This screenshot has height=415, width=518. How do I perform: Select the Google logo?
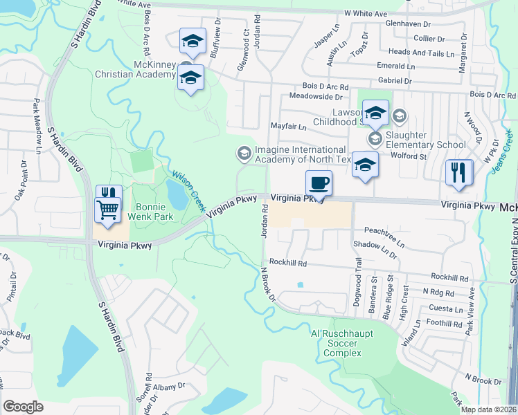click(x=23, y=407)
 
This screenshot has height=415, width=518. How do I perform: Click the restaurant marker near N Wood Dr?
click(x=459, y=172)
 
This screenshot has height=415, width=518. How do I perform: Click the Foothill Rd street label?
click(x=445, y=323)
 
